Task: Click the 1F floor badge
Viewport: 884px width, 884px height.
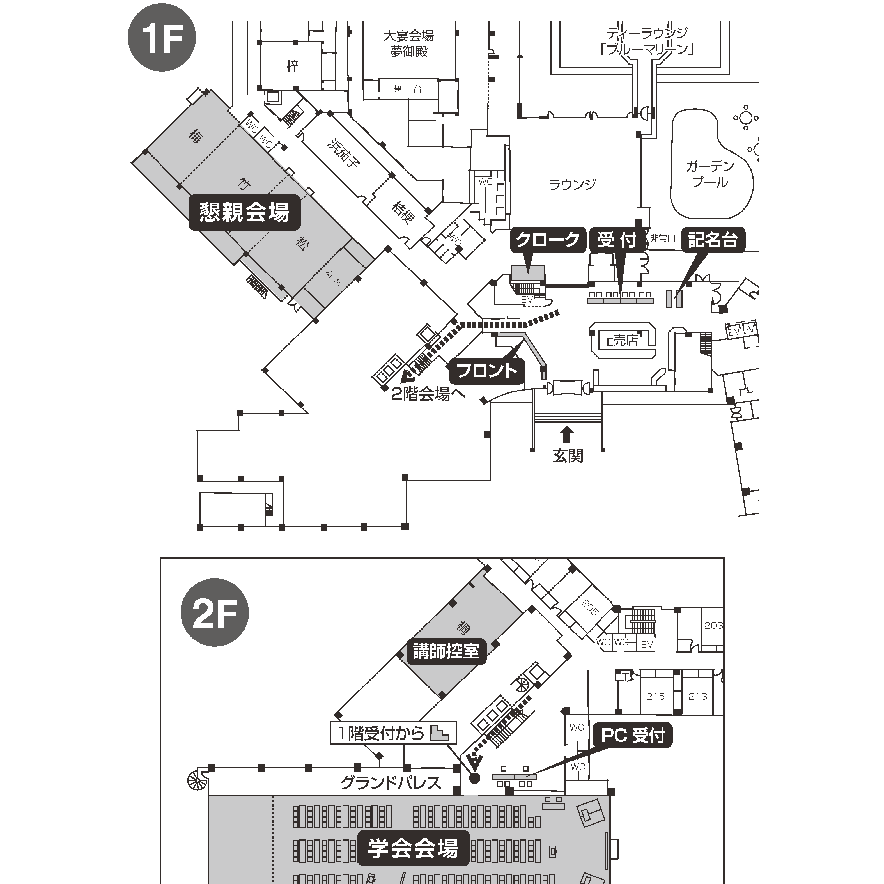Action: pyautogui.click(x=162, y=38)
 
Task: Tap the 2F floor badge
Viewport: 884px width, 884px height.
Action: pyautogui.click(x=215, y=612)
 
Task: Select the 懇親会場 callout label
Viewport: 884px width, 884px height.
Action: pyautogui.click(x=244, y=212)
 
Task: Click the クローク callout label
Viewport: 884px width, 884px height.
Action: pyautogui.click(x=548, y=239)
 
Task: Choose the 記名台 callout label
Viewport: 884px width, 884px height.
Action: pyautogui.click(x=713, y=239)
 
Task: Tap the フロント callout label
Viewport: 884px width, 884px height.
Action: pyautogui.click(x=487, y=371)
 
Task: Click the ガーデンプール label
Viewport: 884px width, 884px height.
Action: pyautogui.click(x=710, y=174)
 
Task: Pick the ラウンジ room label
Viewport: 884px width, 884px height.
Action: pyautogui.click(x=572, y=184)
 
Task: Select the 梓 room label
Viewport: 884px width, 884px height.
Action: pyautogui.click(x=292, y=66)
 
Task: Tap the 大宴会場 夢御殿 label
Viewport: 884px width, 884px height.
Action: pyautogui.click(x=408, y=43)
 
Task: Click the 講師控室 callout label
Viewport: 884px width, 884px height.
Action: pyautogui.click(x=446, y=651)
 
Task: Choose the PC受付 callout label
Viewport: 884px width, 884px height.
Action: pyautogui.click(x=633, y=736)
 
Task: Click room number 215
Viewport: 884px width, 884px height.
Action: pyautogui.click(x=655, y=696)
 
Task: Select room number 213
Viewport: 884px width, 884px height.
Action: pyautogui.click(x=698, y=696)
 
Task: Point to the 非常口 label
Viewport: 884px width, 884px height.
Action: pyautogui.click(x=663, y=238)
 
